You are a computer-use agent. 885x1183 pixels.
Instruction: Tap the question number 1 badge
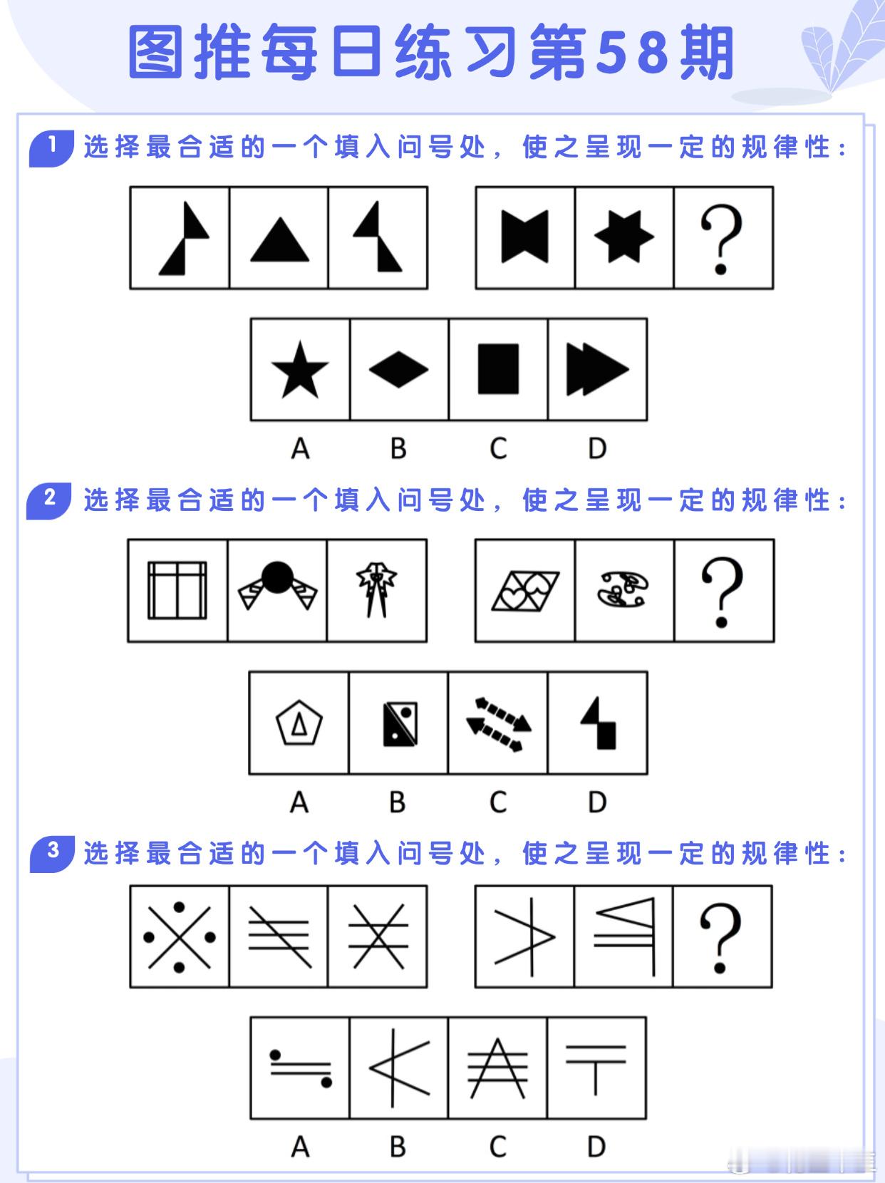point(52,148)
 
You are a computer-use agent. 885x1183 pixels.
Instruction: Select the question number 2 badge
point(49,500)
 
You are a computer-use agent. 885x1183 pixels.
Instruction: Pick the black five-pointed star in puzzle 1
point(300,370)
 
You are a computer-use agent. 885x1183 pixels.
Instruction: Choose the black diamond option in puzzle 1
point(398,369)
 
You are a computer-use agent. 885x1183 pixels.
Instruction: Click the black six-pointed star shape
point(623,236)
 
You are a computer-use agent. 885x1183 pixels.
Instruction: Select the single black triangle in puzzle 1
point(279,239)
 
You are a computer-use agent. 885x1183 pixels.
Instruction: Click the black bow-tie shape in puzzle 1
point(524,237)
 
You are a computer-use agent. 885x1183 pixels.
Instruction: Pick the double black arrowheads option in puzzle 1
point(597,369)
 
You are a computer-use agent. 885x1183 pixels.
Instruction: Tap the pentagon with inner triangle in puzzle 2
point(299,723)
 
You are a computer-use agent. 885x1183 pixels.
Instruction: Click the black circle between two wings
point(277,577)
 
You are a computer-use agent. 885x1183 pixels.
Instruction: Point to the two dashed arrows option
point(499,724)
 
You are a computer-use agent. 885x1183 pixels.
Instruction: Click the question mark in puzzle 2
point(723,592)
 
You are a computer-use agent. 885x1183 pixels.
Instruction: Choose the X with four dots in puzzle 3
point(180,938)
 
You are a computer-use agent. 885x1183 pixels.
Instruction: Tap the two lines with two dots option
point(301,1069)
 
